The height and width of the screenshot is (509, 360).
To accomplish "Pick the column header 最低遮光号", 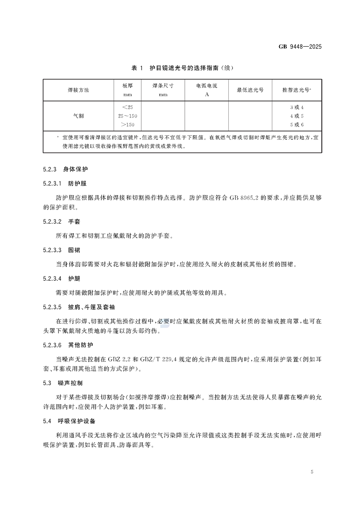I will tap(250, 90).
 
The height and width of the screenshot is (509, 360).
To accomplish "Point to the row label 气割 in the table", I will tap(78, 116).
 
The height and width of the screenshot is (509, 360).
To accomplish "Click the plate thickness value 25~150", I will tap(127, 116).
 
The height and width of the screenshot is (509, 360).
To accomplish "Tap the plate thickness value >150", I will tap(127, 124).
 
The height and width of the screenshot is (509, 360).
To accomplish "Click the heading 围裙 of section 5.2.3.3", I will tap(74, 250).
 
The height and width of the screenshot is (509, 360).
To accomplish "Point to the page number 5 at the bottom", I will tap(312, 472).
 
